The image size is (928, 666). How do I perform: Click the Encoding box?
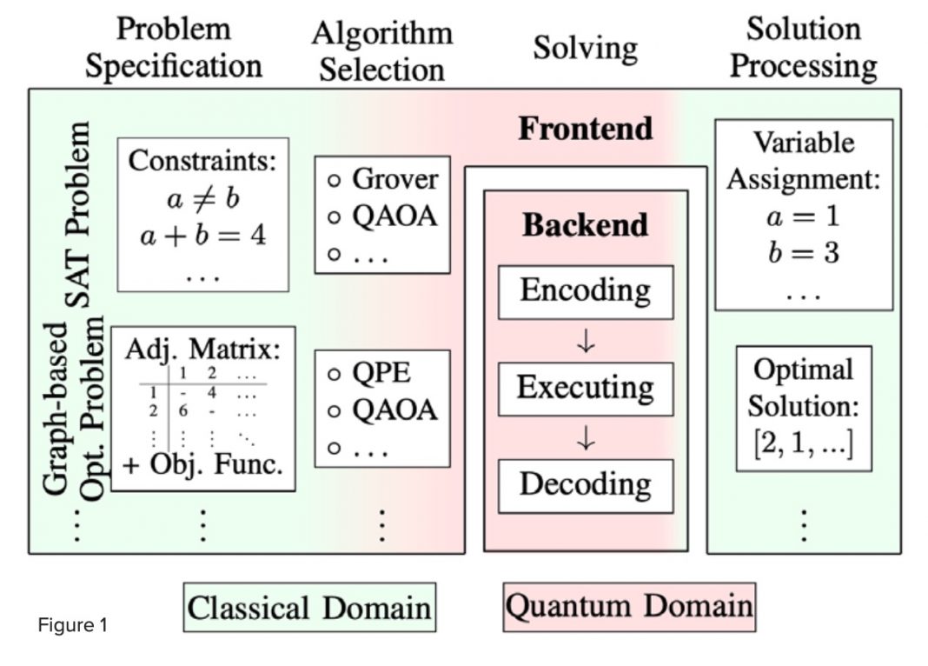586,292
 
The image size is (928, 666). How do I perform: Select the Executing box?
586,389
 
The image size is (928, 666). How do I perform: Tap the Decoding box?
586,486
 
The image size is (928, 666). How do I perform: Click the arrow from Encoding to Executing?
586,341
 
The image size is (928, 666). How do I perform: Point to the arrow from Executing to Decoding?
586,438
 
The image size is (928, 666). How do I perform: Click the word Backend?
586,225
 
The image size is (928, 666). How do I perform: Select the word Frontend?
586,129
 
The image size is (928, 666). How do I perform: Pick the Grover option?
383,179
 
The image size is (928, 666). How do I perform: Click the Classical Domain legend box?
309,608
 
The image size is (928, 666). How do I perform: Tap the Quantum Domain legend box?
629,608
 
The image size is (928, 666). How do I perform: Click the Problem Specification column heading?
174,47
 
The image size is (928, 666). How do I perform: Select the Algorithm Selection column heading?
382,51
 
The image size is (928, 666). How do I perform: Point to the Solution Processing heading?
803,47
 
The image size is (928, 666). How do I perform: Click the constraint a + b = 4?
203,236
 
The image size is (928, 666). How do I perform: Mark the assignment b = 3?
804,253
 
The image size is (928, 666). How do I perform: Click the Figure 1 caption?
73,625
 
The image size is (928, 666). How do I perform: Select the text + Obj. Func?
202,464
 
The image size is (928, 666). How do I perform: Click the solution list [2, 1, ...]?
804,443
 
